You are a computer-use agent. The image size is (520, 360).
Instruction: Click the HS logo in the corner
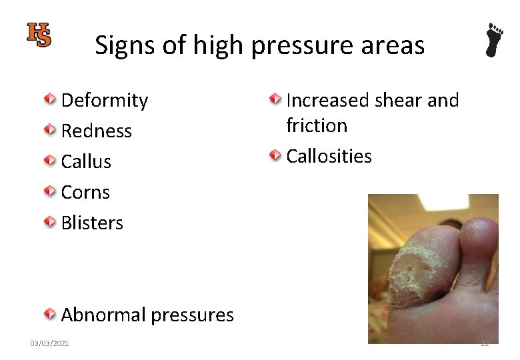click(x=39, y=35)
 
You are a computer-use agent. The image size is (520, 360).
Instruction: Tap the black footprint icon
click(x=493, y=40)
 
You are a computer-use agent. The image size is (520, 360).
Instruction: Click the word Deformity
click(x=105, y=101)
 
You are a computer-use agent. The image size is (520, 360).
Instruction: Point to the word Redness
click(x=97, y=131)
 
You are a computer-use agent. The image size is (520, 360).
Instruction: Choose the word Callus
click(x=86, y=161)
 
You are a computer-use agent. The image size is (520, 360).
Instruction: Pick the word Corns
click(x=85, y=193)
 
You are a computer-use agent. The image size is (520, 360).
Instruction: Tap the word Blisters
click(x=92, y=223)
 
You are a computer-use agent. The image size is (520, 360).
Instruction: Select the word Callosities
click(x=329, y=157)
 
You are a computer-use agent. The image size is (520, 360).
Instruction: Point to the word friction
click(x=317, y=126)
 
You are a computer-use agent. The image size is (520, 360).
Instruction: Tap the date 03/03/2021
click(x=49, y=343)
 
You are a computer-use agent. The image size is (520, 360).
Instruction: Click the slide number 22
click(x=485, y=343)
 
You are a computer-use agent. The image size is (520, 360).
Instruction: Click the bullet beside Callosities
click(x=275, y=156)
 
